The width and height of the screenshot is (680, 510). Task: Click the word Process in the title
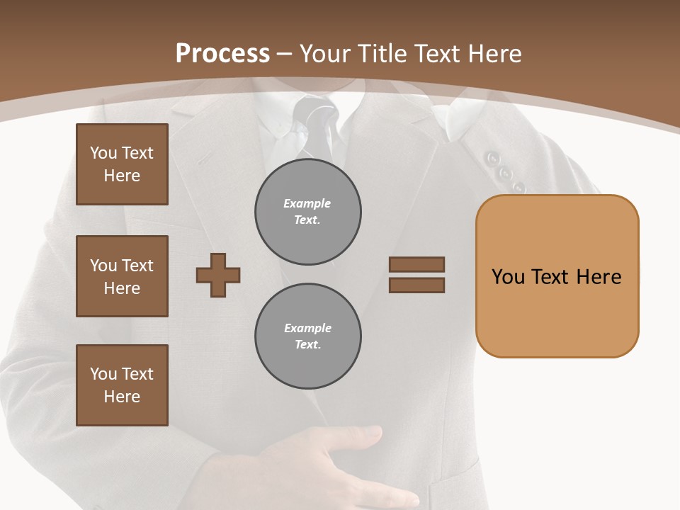point(222,54)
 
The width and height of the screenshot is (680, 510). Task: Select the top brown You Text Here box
point(122,164)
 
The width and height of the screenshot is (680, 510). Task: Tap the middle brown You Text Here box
point(122,276)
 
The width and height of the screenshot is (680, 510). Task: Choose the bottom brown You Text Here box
point(122,385)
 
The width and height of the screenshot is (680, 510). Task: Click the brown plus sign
point(218,275)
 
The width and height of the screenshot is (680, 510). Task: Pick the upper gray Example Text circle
point(308,212)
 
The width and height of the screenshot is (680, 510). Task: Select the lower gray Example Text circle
point(308,336)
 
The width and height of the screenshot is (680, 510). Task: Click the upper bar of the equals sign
point(416,265)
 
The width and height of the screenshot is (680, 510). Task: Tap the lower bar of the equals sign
point(416,285)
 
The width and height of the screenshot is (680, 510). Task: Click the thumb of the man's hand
point(361,434)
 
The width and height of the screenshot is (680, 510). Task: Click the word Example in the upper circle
point(307,203)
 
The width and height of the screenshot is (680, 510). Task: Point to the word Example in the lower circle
point(307,328)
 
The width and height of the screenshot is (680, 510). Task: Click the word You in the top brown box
point(103,153)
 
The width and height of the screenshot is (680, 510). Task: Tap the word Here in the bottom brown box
point(122,397)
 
